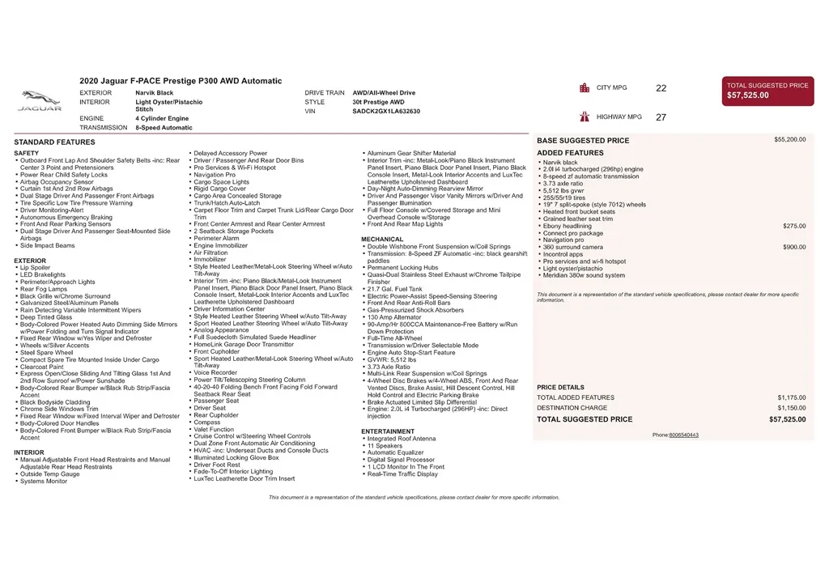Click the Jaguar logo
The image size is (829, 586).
[x=40, y=100]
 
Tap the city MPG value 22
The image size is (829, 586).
[x=661, y=88]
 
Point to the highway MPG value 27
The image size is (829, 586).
[x=661, y=117]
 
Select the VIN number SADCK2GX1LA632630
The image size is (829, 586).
[x=386, y=112]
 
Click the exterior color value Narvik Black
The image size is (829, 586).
[x=154, y=93]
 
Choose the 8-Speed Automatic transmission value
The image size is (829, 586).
[x=164, y=128]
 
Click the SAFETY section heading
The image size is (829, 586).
[x=27, y=153]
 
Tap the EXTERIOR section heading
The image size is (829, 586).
[x=30, y=261]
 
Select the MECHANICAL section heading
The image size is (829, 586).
[x=382, y=240]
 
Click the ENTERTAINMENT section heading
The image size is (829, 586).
[x=388, y=431]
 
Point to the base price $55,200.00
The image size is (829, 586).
[x=789, y=139]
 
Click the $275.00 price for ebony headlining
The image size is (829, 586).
[x=793, y=226]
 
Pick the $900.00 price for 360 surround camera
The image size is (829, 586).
[x=793, y=247]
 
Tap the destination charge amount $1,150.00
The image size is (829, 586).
[x=791, y=408]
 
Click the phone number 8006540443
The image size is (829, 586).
[x=683, y=435]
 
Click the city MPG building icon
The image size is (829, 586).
[x=584, y=87]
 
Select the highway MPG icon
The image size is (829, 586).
[x=584, y=117]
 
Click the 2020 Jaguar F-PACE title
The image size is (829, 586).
[x=181, y=81]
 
